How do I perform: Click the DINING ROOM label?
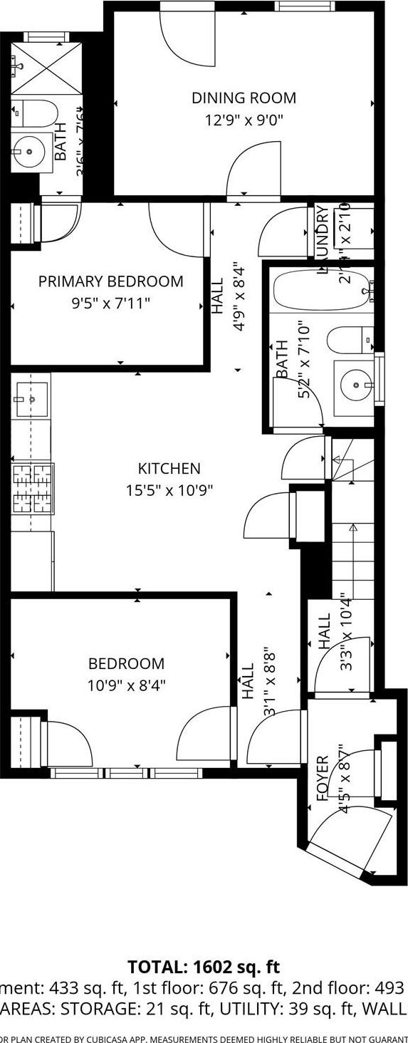click(x=244, y=98)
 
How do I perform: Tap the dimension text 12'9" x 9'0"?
click(x=244, y=120)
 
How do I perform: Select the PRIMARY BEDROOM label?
click(x=110, y=281)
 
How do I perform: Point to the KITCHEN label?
click(x=169, y=468)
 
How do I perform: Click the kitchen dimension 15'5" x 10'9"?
click(x=169, y=490)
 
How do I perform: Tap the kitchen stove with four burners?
click(x=33, y=489)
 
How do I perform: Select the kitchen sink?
click(x=31, y=399)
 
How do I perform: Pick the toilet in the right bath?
click(x=350, y=339)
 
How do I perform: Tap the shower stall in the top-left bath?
click(x=46, y=68)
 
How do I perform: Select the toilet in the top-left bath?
click(x=36, y=113)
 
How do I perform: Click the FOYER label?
click(x=322, y=779)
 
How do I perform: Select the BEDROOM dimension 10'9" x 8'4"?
click(x=126, y=685)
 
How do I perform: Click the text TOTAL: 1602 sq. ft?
click(x=204, y=967)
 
